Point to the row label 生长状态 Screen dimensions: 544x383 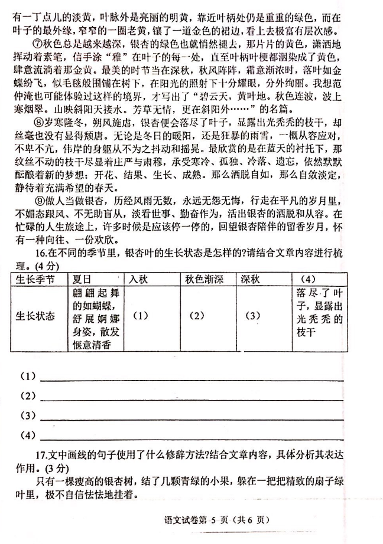tap(35, 316)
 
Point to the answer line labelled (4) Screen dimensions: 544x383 tap(189, 437)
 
